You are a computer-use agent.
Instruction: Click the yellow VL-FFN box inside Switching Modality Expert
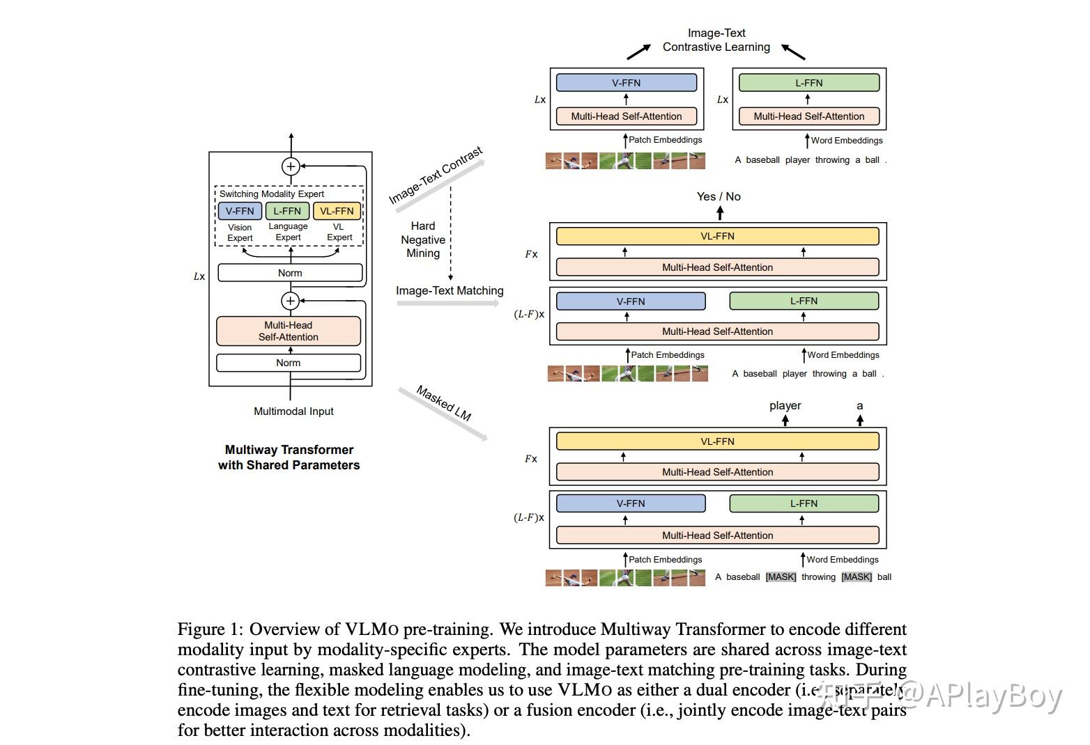(337, 211)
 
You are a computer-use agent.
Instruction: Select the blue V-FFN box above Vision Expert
(240, 211)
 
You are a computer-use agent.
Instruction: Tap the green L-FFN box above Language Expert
(287, 211)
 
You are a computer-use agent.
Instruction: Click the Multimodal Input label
(293, 411)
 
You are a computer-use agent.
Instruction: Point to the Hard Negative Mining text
(423, 240)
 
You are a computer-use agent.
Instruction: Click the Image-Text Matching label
(450, 290)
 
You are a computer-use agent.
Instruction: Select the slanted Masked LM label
(444, 403)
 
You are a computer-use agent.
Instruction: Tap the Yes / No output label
(719, 196)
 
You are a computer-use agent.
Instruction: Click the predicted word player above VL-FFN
(785, 405)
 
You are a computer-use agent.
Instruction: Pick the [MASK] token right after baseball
(781, 577)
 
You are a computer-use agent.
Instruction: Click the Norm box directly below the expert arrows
(290, 273)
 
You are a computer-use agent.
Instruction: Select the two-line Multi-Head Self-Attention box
(289, 331)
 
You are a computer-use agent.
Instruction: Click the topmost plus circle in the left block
(291, 166)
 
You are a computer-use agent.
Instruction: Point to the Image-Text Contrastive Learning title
(716, 40)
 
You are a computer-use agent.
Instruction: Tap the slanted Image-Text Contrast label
(436, 175)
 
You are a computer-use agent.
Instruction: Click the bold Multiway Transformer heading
(289, 457)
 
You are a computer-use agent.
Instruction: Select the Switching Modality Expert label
(272, 194)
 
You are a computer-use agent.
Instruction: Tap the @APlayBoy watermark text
(980, 696)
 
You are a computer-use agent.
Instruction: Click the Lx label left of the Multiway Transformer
(199, 276)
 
